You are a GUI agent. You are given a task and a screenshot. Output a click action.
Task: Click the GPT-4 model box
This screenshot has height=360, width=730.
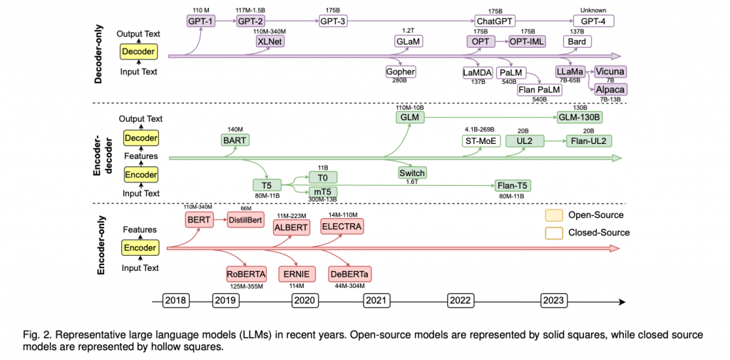[593, 21]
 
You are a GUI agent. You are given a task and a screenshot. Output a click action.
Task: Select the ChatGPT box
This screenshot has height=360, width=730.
[495, 21]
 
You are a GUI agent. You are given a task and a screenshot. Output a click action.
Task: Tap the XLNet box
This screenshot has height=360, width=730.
[269, 41]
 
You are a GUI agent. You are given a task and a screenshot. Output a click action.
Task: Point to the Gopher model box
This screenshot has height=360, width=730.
[400, 72]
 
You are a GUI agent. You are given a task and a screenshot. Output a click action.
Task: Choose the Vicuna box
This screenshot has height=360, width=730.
[610, 72]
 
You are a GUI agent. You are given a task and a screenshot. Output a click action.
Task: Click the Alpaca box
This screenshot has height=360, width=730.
[610, 89]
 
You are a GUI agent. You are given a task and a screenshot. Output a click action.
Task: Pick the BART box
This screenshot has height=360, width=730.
[235, 140]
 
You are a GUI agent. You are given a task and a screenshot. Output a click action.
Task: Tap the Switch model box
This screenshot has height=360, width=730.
[412, 173]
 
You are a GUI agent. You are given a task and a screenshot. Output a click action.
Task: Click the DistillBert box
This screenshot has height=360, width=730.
[246, 220]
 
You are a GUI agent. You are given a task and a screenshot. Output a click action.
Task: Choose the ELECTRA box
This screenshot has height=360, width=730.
[341, 227]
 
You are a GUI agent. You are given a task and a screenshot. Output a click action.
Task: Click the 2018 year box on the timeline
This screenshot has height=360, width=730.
[175, 301]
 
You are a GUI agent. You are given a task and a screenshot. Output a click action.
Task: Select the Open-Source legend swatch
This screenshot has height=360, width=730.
[554, 215]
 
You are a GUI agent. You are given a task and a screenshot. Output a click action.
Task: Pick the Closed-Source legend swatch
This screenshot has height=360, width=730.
[554, 232]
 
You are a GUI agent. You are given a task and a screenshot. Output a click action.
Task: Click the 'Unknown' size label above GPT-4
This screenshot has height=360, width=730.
[593, 9]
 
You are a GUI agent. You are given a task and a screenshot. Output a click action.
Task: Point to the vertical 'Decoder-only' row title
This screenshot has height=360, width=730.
[101, 51]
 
